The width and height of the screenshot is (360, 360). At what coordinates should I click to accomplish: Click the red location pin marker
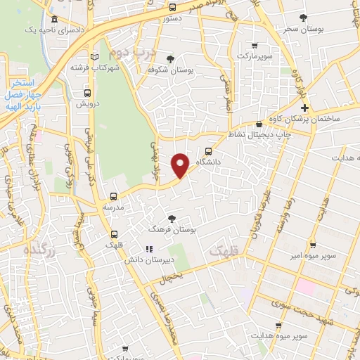point(181,165)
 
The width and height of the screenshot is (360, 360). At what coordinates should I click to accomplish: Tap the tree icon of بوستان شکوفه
point(170,59)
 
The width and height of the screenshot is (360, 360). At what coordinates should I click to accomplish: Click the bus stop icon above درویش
point(86,92)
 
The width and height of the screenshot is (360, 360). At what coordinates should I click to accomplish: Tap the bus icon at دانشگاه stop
point(208,150)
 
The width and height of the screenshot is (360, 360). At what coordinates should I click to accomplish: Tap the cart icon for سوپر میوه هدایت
point(280,326)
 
